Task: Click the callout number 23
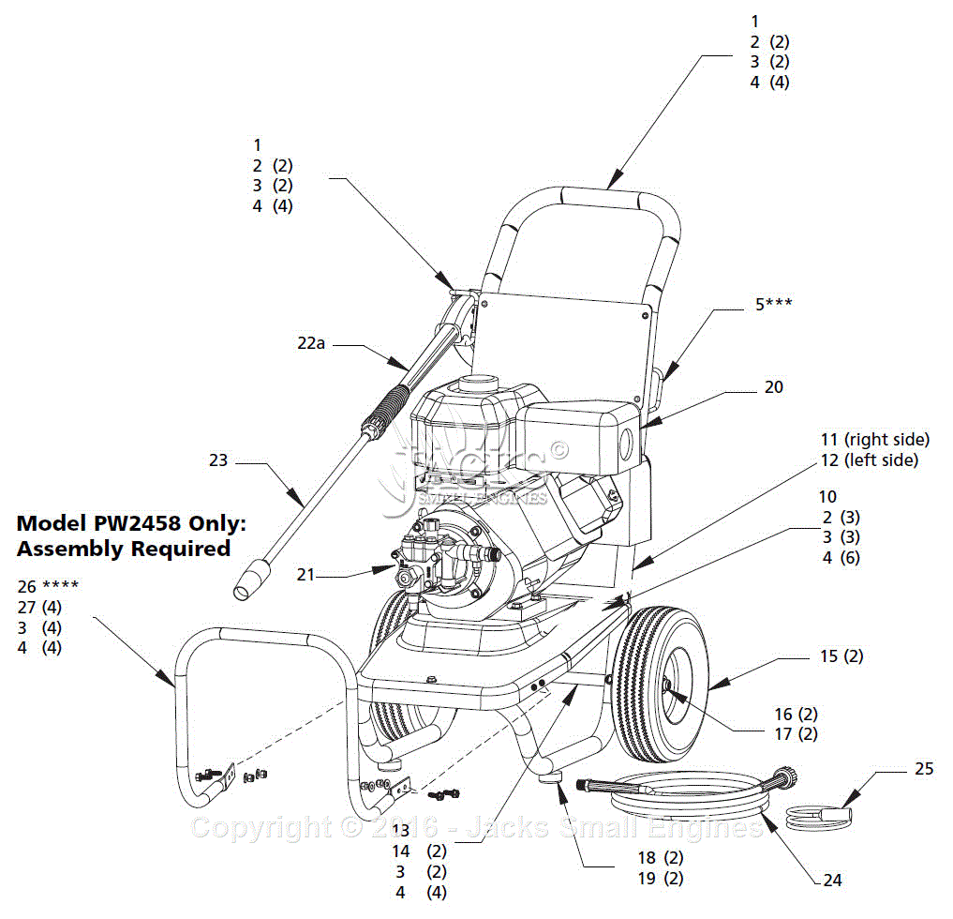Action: coord(218,460)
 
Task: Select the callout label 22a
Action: coord(311,344)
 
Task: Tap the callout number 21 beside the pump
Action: coord(305,574)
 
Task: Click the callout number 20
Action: coord(773,386)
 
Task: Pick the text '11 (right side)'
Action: coord(874,439)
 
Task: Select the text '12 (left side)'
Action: coord(869,459)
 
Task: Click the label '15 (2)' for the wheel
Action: coord(841,656)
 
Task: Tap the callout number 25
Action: coord(924,769)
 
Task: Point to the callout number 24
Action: coord(832,880)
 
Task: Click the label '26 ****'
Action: coord(48,586)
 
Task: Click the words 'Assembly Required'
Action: coord(124,549)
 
